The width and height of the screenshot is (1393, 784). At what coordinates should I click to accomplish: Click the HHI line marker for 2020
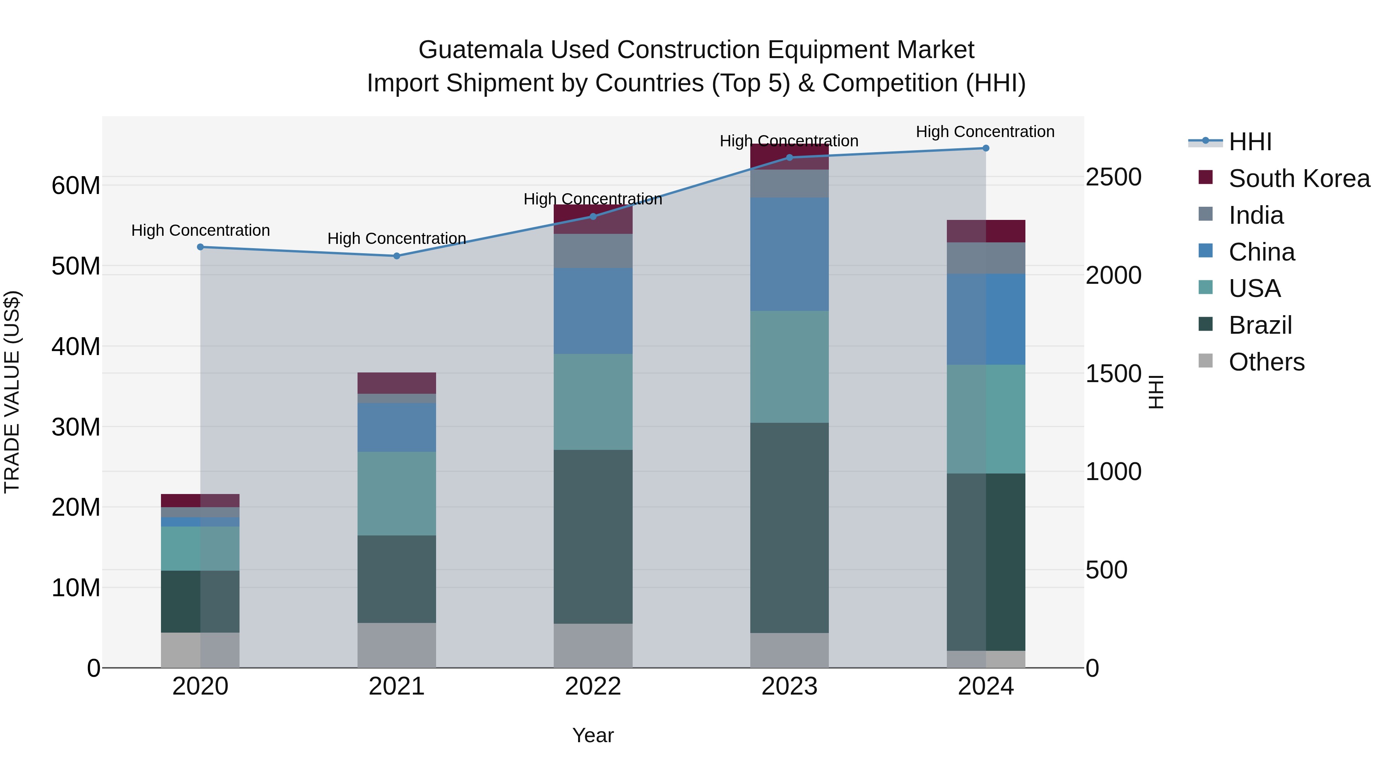200,247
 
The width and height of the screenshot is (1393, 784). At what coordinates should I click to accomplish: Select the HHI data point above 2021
396,256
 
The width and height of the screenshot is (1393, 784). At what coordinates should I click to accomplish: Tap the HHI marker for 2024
985,148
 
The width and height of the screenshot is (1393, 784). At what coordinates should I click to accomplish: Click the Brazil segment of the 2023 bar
789,528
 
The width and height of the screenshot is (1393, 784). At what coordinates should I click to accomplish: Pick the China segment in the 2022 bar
593,311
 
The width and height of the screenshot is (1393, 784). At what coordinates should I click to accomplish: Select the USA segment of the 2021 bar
396,494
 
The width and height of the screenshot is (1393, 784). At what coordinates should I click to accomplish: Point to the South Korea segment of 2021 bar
396,383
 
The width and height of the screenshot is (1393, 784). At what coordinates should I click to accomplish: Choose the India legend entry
1256,215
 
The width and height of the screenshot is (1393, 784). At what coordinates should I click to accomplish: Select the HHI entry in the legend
1250,142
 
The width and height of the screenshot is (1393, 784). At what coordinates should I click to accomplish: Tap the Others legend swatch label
1266,362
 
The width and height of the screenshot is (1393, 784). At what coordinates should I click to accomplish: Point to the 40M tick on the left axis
76,346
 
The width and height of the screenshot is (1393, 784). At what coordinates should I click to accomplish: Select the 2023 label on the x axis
789,686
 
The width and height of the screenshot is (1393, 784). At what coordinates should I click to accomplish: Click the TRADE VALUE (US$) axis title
12,392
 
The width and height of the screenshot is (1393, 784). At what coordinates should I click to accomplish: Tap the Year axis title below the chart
593,735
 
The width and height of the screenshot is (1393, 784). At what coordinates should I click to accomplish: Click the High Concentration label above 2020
200,230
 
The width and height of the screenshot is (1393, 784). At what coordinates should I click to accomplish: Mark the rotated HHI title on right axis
1155,392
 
